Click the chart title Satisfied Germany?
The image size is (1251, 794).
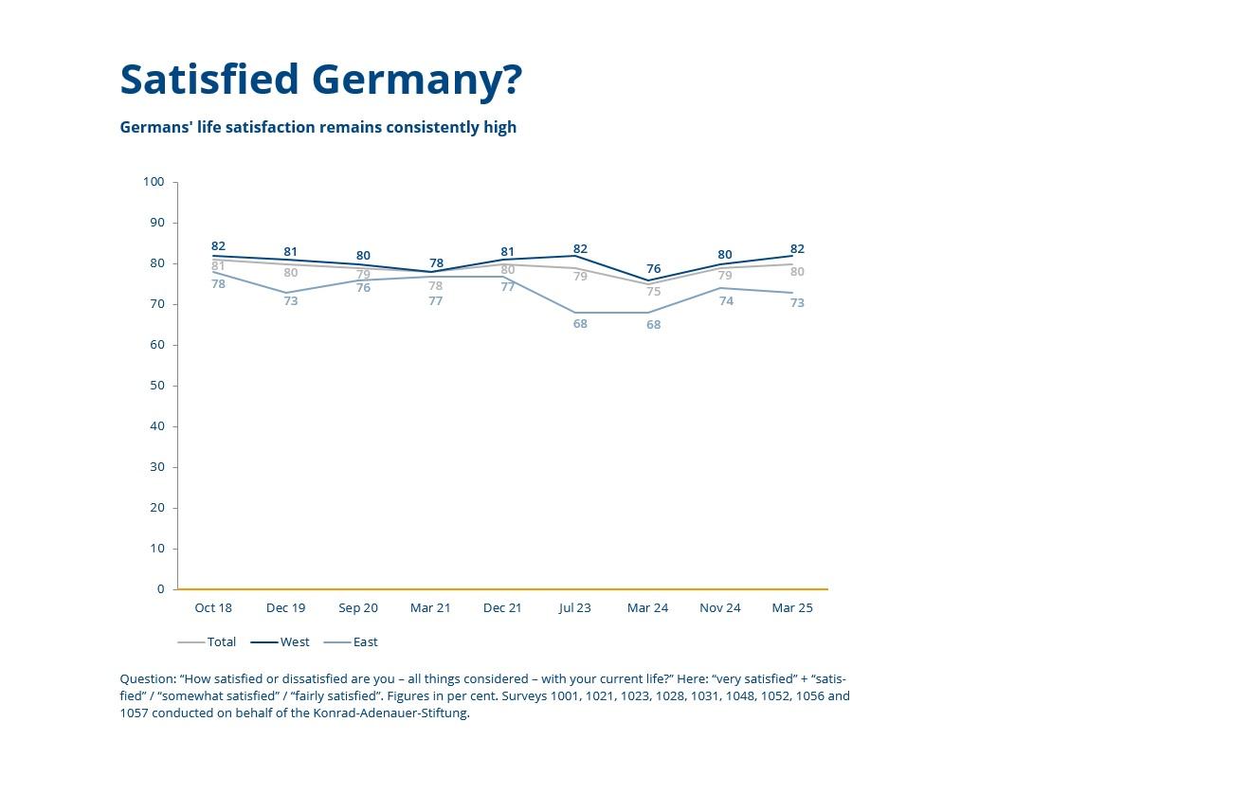click(320, 80)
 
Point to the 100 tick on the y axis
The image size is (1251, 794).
click(154, 182)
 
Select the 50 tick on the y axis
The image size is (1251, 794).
click(156, 386)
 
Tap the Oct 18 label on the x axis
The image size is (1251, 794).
click(213, 608)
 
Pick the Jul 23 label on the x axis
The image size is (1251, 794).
click(574, 608)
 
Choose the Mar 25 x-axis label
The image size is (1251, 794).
click(792, 608)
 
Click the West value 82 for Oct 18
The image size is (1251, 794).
click(218, 246)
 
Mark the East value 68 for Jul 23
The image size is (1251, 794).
click(580, 324)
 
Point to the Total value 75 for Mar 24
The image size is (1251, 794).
click(654, 292)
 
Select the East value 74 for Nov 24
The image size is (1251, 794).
click(726, 301)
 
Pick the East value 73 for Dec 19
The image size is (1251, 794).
click(291, 301)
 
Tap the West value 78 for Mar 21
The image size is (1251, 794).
click(436, 263)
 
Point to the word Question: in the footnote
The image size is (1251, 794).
click(148, 679)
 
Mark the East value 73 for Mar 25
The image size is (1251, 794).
click(797, 303)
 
